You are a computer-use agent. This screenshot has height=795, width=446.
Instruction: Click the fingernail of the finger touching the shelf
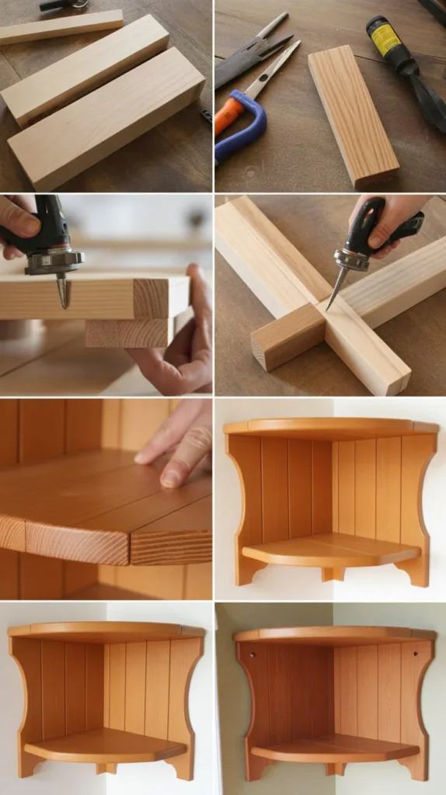click(x=170, y=480)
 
